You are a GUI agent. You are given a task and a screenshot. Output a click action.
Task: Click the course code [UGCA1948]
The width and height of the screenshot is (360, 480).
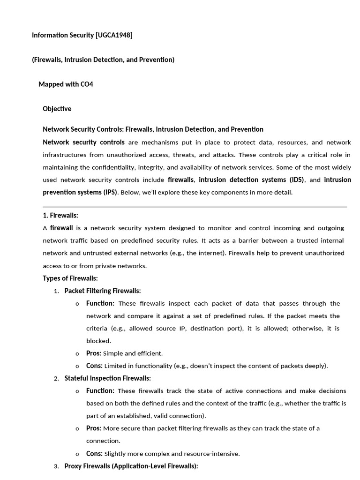click(x=113, y=35)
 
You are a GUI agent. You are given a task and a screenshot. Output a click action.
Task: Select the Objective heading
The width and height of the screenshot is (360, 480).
click(x=57, y=109)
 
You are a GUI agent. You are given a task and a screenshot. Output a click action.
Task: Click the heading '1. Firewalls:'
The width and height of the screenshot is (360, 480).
click(x=60, y=215)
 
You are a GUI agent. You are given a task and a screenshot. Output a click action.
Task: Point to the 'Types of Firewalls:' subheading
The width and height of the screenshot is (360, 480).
click(x=70, y=278)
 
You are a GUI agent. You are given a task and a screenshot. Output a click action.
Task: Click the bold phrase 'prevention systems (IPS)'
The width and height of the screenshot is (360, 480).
click(x=80, y=192)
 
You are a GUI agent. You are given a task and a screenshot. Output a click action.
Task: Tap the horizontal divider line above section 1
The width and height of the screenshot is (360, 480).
click(x=195, y=206)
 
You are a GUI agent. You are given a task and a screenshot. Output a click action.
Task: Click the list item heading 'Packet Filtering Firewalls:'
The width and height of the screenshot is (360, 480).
click(x=103, y=291)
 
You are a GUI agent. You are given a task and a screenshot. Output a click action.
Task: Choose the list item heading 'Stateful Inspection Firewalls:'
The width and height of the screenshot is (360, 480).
click(x=108, y=378)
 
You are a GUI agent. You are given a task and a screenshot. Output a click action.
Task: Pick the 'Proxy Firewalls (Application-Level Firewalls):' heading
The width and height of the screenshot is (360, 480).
click(x=131, y=466)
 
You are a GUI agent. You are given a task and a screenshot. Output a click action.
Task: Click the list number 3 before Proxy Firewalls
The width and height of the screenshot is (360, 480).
click(x=56, y=466)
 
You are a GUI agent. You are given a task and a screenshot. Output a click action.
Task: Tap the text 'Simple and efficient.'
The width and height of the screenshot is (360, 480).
click(x=133, y=353)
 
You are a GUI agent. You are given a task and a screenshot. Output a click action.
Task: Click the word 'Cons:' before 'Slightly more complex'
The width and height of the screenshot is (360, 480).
click(x=94, y=453)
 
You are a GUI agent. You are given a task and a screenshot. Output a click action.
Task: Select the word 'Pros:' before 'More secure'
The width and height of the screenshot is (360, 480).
click(x=94, y=428)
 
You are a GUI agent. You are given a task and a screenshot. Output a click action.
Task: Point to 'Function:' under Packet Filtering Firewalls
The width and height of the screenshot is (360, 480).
click(x=100, y=303)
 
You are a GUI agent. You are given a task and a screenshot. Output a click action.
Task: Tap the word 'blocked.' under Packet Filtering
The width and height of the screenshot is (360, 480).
click(x=98, y=341)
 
